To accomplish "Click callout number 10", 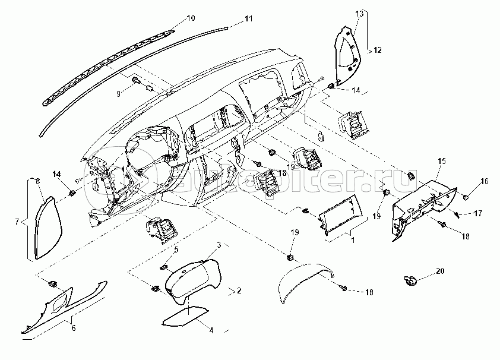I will (191, 18).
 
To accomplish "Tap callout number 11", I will (248, 19).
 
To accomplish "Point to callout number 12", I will (377, 52).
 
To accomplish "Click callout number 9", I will (118, 93).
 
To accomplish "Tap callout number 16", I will (485, 181).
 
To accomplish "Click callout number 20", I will (439, 271).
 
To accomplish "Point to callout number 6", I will (73, 327).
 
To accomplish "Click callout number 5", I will (176, 249).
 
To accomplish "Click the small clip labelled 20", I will (409, 278).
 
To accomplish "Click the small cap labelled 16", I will (466, 196).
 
